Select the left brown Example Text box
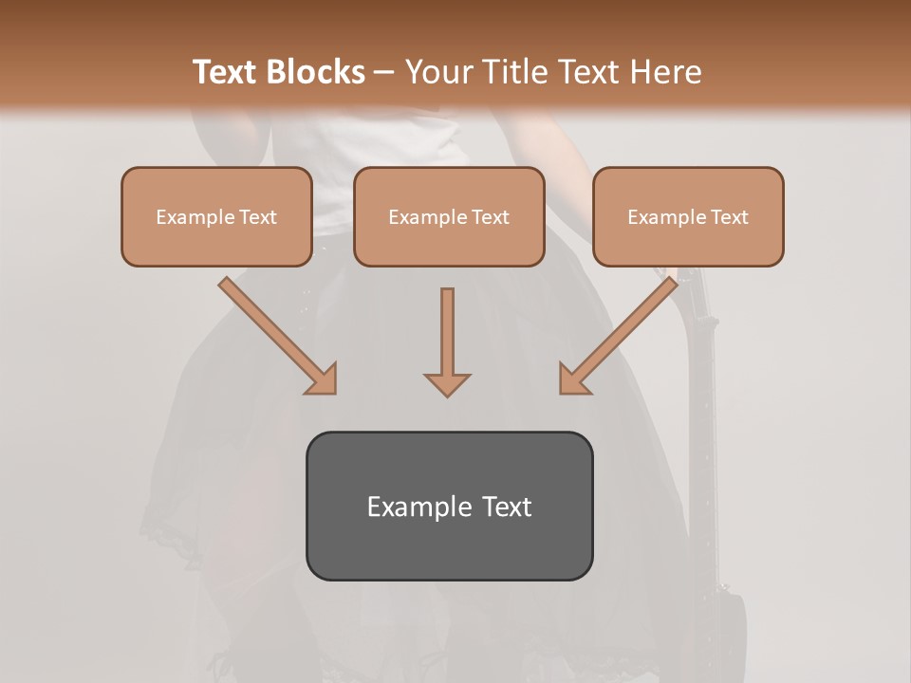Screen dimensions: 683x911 pyautogui.click(x=216, y=216)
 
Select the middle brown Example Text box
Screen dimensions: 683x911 pyautogui.click(x=449, y=216)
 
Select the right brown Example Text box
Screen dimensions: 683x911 pyautogui.click(x=688, y=216)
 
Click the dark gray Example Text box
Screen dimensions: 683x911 pyautogui.click(x=449, y=506)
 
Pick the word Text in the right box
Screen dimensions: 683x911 pyautogui.click(x=729, y=217)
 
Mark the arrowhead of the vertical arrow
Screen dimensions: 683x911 pyautogui.click(x=447, y=383)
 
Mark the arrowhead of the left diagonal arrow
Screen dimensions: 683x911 pyautogui.click(x=323, y=379)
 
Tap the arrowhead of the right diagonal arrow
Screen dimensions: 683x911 pyautogui.click(x=573, y=379)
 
